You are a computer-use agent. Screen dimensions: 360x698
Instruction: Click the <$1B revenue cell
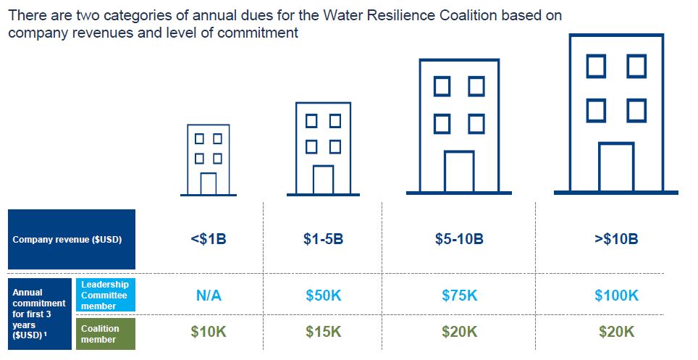(209, 239)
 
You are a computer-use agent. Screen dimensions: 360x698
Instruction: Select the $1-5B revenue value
(322, 239)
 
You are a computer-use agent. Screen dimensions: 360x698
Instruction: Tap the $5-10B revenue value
(459, 239)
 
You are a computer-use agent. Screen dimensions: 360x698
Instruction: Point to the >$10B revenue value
(616, 239)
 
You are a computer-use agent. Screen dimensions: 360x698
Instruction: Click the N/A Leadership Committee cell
(209, 296)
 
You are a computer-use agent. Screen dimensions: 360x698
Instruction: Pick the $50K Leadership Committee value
(322, 296)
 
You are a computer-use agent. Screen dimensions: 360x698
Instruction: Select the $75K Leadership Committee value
(459, 296)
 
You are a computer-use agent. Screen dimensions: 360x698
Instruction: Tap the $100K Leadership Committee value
(616, 296)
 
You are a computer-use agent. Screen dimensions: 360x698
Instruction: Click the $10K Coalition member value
(209, 332)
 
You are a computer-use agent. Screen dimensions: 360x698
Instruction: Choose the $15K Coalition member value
(322, 332)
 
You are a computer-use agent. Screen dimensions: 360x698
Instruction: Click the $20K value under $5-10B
(459, 332)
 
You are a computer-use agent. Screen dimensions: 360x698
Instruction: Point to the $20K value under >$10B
(616, 332)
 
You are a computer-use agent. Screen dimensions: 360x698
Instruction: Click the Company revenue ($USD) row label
(72, 240)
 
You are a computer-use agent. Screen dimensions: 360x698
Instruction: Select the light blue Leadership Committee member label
(105, 295)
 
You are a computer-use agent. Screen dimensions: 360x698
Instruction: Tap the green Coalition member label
(105, 334)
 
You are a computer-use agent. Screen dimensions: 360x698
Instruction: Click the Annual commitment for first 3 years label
(40, 314)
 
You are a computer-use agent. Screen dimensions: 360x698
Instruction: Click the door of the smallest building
(209, 184)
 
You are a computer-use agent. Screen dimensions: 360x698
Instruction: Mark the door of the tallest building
(616, 167)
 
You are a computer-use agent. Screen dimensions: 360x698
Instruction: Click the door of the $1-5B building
(323, 180)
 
